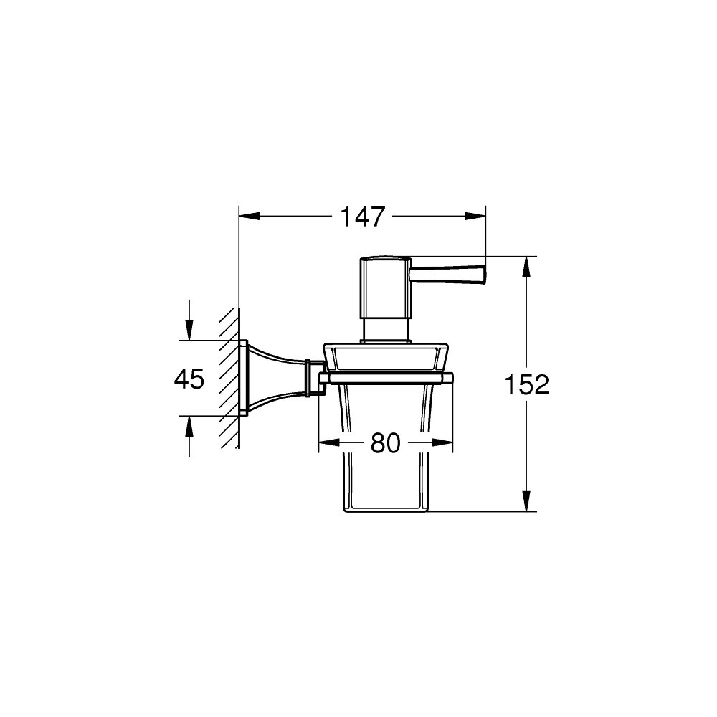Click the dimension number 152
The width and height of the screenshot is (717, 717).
click(526, 385)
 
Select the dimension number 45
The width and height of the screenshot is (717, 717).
click(189, 379)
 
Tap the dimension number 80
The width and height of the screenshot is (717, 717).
click(385, 444)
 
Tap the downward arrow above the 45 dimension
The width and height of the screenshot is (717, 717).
click(189, 330)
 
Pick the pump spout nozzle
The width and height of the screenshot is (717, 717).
click(448, 273)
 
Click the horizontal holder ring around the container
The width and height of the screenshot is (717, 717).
click(386, 377)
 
